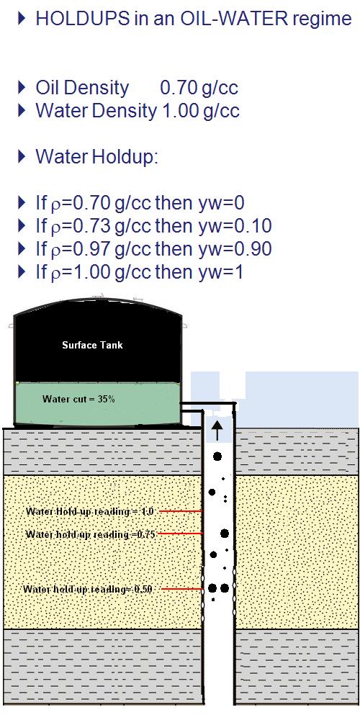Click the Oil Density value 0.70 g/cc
[x=199, y=88]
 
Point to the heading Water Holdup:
[x=97, y=158]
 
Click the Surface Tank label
[x=92, y=345]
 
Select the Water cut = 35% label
[x=78, y=399]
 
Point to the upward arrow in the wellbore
[x=217, y=431]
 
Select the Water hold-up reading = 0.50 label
[x=88, y=589]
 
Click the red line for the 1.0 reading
[x=181, y=510]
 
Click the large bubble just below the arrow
[x=217, y=456]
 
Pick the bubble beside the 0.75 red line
[x=225, y=534]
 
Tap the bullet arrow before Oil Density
[x=22, y=87]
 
